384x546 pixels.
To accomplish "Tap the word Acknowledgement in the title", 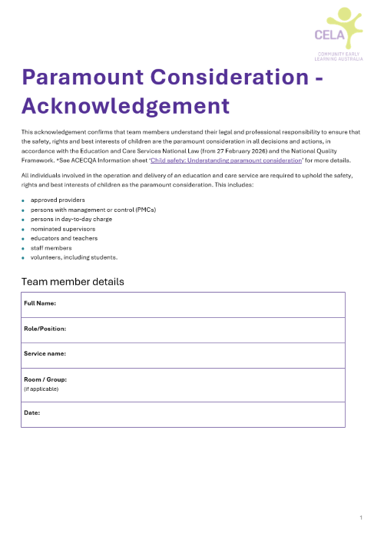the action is pos(125,104).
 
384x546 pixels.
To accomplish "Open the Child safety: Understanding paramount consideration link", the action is pos(227,160).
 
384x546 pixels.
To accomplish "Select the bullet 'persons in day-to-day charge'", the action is pos(71,219).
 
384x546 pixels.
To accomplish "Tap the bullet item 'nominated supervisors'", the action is pos(59,229).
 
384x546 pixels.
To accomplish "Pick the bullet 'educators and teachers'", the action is pos(61,238).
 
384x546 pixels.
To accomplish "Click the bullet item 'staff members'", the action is pos(51,248).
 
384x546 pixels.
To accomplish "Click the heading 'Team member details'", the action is pos(72,282).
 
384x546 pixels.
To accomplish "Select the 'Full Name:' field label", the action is pos(40,304).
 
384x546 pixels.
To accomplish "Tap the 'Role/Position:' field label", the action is pos(45,329).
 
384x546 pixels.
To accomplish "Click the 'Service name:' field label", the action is pos(45,353).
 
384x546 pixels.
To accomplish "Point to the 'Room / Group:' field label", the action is pos(45,379).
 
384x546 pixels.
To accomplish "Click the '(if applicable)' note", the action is pos(41,389).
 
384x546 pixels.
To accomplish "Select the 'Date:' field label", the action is pos(31,412).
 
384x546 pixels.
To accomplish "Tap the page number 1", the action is pos(360,519).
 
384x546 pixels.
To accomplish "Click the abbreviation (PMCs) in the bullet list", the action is pos(142,210).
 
